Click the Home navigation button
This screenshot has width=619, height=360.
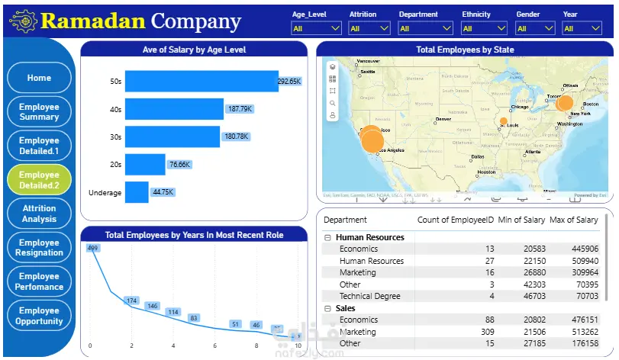click(x=39, y=78)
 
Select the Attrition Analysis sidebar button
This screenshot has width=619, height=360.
click(x=39, y=214)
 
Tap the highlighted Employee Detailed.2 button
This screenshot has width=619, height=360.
click(x=39, y=180)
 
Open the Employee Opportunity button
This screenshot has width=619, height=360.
click(x=39, y=316)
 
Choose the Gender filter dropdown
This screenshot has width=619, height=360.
click(x=534, y=29)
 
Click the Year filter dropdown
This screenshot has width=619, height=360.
click(x=582, y=29)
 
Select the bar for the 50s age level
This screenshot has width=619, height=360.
click(x=201, y=81)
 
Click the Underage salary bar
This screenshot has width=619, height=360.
click(x=137, y=192)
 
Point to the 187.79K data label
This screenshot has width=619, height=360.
click(x=239, y=109)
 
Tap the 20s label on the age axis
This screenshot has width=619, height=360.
click(x=114, y=165)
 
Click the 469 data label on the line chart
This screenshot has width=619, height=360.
click(x=93, y=248)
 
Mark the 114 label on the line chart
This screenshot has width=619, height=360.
click(x=173, y=312)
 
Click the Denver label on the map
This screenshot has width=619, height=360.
click(x=443, y=119)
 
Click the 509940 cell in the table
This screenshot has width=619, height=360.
click(x=584, y=261)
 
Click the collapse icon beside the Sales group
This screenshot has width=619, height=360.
click(x=327, y=308)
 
